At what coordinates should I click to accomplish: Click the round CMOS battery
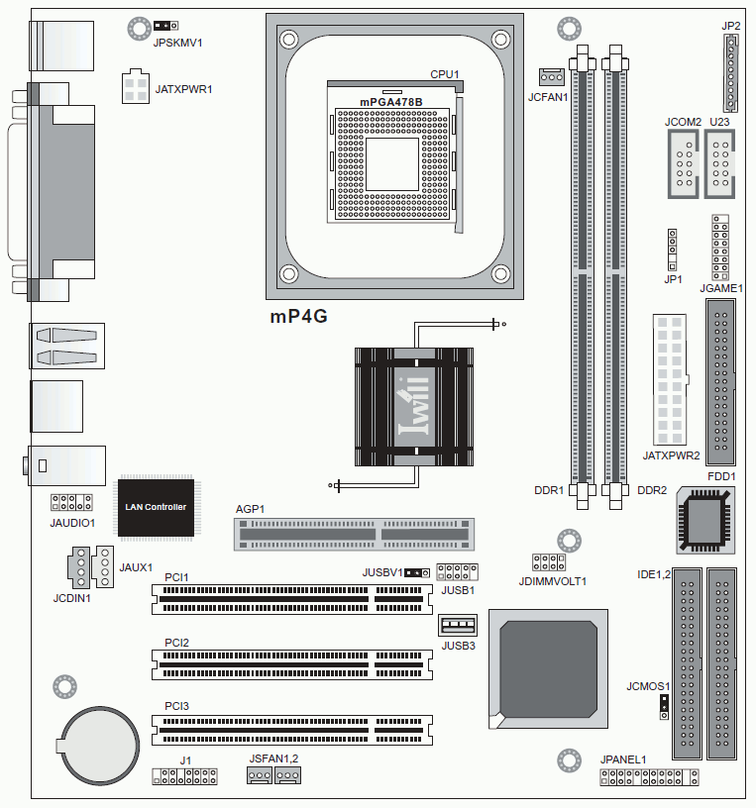(98, 746)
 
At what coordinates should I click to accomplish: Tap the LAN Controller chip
(157, 508)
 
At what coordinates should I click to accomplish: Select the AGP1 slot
(354, 535)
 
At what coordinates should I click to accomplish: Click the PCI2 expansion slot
(292, 664)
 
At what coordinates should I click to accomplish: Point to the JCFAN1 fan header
(552, 77)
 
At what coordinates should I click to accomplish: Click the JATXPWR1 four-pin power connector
(136, 86)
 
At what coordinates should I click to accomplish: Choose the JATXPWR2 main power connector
(670, 379)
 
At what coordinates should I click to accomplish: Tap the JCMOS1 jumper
(664, 707)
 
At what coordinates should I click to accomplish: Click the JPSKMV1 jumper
(166, 26)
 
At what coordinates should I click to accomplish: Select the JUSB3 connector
(458, 625)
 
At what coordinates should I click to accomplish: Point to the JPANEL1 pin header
(649, 777)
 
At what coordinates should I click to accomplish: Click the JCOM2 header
(684, 163)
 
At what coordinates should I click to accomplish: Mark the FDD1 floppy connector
(720, 382)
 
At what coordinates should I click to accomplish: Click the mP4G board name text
(298, 316)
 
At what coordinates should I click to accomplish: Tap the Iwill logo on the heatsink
(414, 407)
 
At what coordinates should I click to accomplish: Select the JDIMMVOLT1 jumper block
(549, 562)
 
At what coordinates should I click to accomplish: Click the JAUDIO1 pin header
(71, 502)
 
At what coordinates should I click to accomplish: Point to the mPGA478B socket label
(391, 102)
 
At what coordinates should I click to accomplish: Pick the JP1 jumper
(672, 250)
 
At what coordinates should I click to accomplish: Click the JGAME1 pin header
(720, 248)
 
